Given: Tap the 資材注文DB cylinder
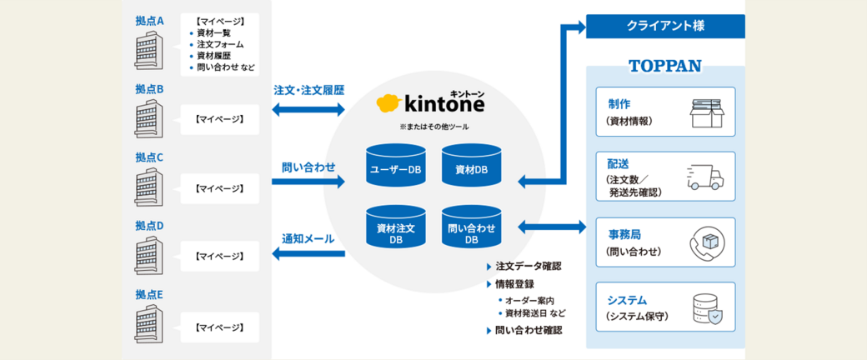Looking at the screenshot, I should tap(396, 227).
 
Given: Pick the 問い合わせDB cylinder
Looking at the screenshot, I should tap(472, 227).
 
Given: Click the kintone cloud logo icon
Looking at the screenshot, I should tap(388, 103).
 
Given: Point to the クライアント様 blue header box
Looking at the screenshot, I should tap(664, 26).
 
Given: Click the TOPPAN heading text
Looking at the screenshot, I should tap(664, 66).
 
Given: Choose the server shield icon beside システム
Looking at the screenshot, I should tap(707, 308).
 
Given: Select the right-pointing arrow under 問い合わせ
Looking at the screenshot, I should tap(308, 181).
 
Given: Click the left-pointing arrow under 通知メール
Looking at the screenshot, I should tap(308, 254).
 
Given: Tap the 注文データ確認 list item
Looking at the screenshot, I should tap(528, 266).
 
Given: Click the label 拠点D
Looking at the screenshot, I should tap(149, 226).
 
